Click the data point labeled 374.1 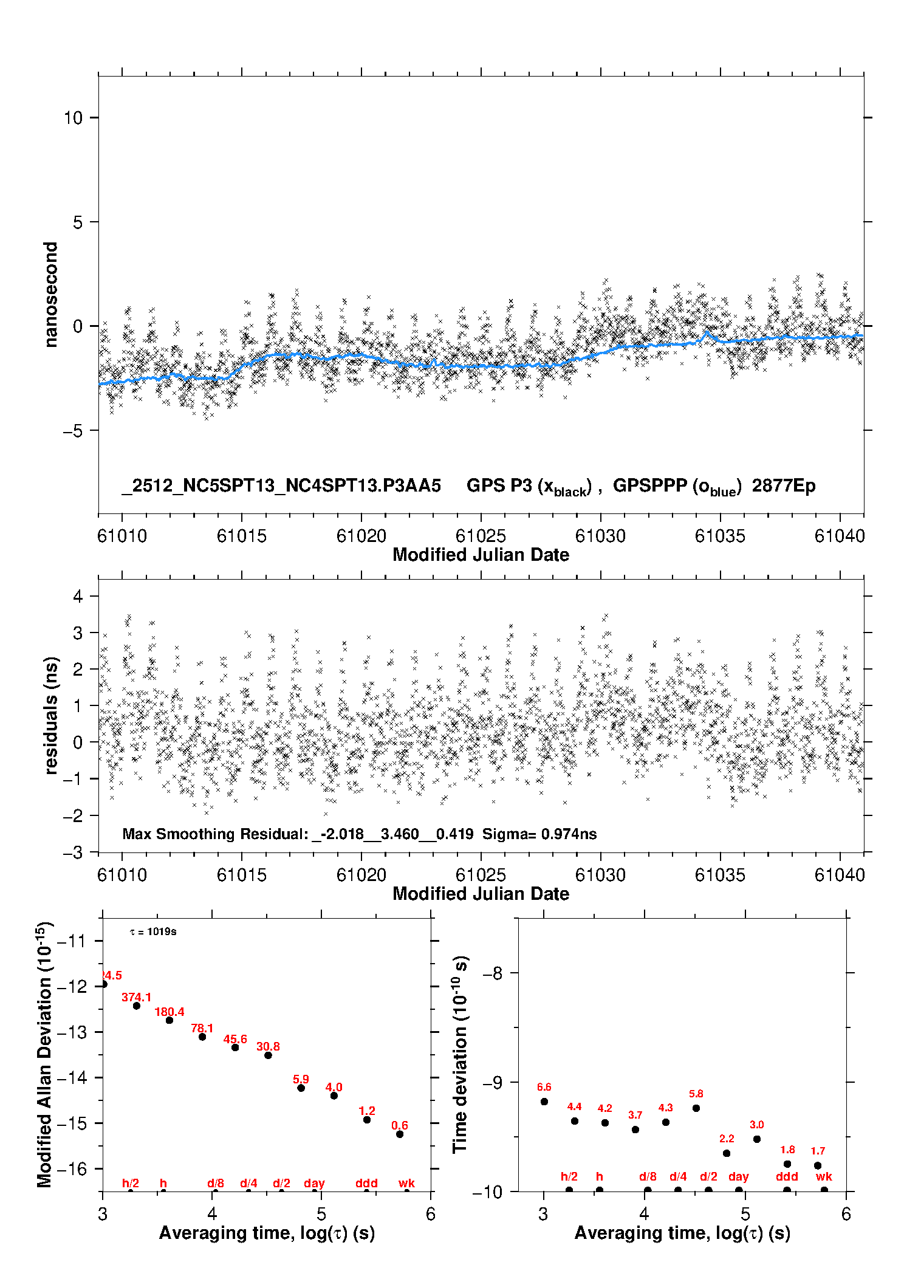137,1006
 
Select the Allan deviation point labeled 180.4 169,1020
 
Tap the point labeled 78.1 202,1037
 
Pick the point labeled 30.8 268,1055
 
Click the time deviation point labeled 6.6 544,1102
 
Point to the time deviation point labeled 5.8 696,1108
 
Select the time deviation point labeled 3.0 757,1139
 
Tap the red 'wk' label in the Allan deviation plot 406,1183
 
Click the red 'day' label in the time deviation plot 739,1176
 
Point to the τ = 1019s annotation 153,931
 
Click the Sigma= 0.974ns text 539,834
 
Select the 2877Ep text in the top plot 784,485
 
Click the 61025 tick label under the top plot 481,536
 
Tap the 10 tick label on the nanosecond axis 73,117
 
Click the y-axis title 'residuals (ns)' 51,715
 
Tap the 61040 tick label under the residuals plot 839,875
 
